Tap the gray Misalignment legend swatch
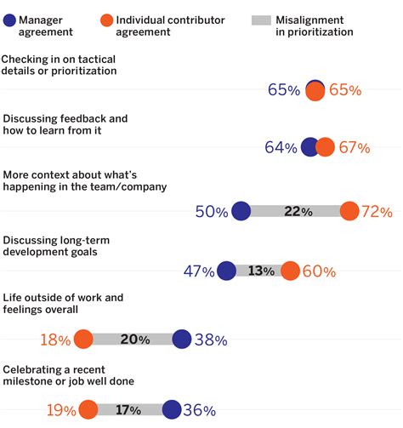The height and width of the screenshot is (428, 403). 263,19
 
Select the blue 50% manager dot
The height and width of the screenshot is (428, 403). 241,211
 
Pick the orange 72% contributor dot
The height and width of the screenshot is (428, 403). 349,211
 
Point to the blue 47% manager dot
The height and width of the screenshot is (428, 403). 226,271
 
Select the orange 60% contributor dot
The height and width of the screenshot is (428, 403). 290,271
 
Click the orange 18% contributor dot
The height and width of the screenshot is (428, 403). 83,340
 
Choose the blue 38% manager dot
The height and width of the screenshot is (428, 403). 182,340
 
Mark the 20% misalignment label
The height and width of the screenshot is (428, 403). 134,340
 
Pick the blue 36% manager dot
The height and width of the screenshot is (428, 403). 171,409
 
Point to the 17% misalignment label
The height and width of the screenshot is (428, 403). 128,409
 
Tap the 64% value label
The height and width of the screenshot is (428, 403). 281,148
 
